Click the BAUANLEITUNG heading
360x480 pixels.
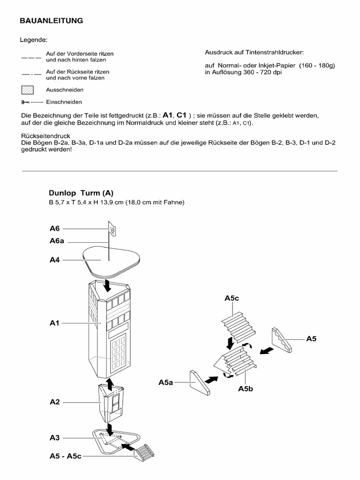tap(51, 21)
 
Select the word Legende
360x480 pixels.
tap(34, 40)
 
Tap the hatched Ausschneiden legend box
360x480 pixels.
tap(28, 90)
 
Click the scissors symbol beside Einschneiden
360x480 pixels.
tap(25, 102)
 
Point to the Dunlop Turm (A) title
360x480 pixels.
tap(81, 193)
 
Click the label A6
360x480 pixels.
tap(55, 229)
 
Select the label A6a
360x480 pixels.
tap(57, 241)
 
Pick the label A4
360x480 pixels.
tap(55, 259)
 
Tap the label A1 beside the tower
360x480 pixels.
tap(55, 323)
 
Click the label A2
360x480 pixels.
tap(55, 402)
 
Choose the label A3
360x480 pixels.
tap(55, 438)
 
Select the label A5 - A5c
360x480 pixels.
tap(66, 456)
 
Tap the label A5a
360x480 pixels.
tap(166, 382)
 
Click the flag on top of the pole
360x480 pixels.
tap(112, 228)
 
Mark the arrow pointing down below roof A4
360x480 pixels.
tap(108, 284)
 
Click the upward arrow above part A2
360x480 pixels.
tap(110, 384)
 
